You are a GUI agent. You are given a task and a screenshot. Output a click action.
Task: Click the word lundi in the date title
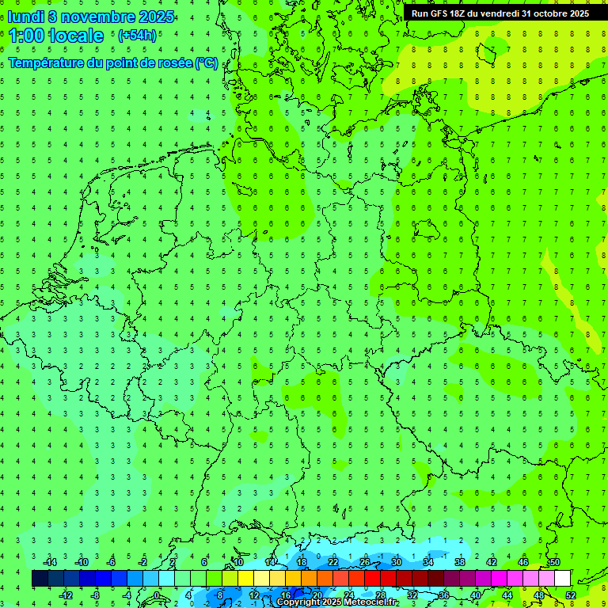[x=25, y=16]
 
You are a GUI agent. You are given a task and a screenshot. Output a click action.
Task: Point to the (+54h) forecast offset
[x=137, y=36]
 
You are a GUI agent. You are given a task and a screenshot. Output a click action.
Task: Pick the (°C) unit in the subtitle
[x=207, y=63]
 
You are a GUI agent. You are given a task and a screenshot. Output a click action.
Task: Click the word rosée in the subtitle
[x=173, y=63]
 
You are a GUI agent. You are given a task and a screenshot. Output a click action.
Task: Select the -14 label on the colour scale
[x=51, y=562]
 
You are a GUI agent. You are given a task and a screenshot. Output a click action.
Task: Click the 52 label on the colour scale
[x=570, y=595]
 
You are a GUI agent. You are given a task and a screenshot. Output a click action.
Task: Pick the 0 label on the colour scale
[x=157, y=595]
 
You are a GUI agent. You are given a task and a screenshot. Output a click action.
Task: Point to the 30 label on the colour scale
[x=396, y=562]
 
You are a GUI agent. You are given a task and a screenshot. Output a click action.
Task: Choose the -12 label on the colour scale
[x=66, y=595]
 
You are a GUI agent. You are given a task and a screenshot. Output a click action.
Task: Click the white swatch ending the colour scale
[x=562, y=579]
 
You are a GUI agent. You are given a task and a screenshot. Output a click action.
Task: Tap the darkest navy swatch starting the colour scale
[x=40, y=579]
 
